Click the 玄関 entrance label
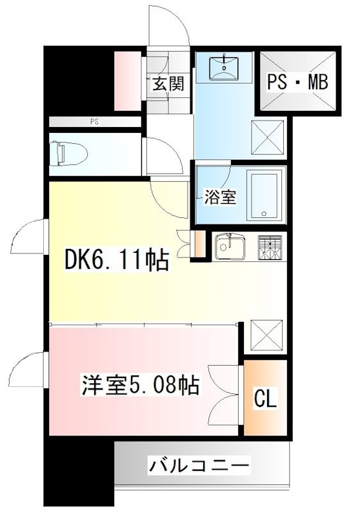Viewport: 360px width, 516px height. tap(168, 83)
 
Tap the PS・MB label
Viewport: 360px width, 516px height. tap(298, 82)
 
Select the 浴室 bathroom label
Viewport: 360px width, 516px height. tap(220, 197)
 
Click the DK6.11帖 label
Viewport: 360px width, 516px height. tap(117, 261)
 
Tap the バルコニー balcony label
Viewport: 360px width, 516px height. tap(199, 464)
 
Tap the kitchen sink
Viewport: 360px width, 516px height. tap(229, 246)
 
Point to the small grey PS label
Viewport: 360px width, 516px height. tap(94, 121)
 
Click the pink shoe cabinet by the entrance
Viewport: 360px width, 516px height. tap(126, 80)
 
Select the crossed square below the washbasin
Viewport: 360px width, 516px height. tap(266, 137)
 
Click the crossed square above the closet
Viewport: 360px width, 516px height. tap(266, 334)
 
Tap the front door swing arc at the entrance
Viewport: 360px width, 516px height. tap(169, 26)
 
